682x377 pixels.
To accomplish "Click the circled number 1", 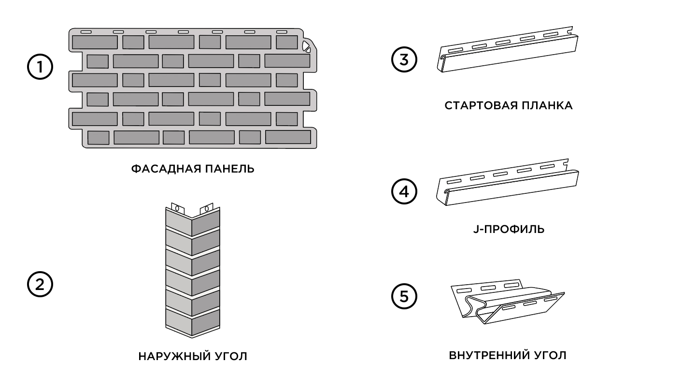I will [x=40, y=67].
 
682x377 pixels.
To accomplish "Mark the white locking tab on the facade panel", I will [x=306, y=46].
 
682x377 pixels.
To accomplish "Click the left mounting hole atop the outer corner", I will [x=177, y=210].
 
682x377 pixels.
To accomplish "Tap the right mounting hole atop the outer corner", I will [x=206, y=209].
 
